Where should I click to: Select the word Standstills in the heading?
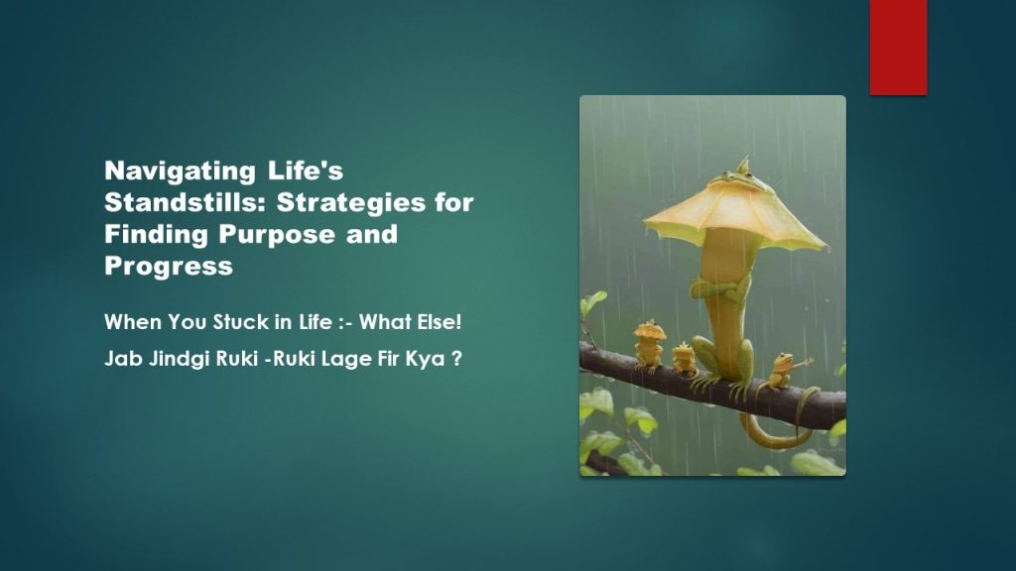[x=184, y=202]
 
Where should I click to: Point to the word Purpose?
[x=277, y=234]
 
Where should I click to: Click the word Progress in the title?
[x=169, y=266]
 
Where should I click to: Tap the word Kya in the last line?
[x=425, y=359]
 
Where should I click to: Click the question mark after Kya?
[x=456, y=359]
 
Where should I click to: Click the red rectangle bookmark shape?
[x=898, y=48]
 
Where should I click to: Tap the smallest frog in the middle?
[x=684, y=360]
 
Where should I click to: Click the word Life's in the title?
[x=306, y=171]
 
